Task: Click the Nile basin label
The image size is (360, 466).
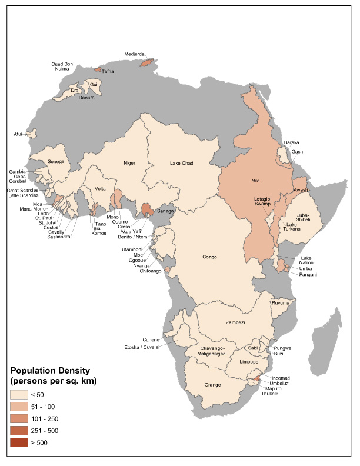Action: (x=255, y=180)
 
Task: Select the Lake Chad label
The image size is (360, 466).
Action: (x=182, y=163)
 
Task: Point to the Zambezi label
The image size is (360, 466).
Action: (x=235, y=322)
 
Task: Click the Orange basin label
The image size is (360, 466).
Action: (x=212, y=385)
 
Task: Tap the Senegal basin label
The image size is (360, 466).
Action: (x=57, y=161)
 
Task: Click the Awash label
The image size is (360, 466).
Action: (x=300, y=190)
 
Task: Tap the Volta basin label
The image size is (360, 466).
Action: (x=100, y=189)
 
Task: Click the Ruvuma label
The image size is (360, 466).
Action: (x=279, y=304)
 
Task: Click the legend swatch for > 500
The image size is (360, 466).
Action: (x=19, y=442)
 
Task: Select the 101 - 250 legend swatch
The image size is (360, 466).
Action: (x=19, y=418)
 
